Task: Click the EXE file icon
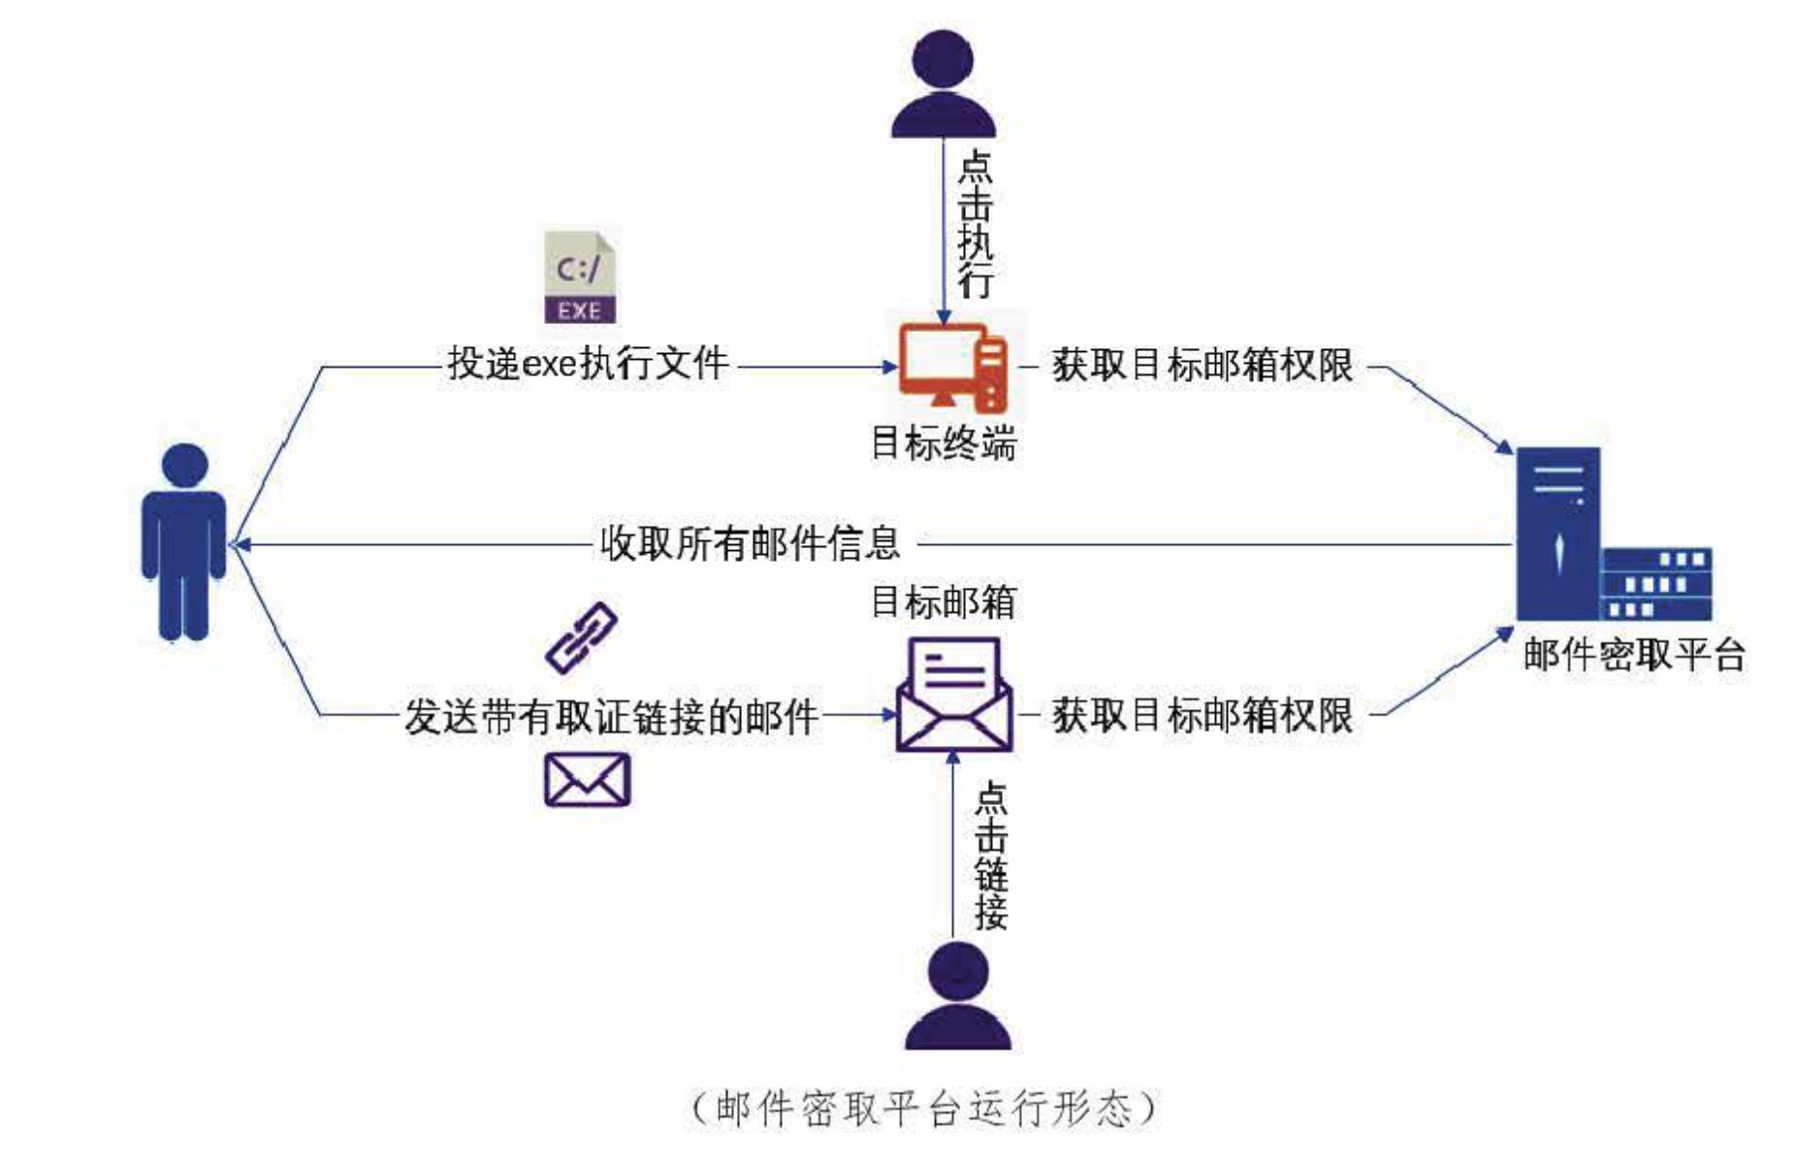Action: (x=580, y=277)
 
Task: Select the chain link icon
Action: (x=581, y=637)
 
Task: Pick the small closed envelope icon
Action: (x=587, y=780)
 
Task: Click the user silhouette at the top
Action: (x=944, y=84)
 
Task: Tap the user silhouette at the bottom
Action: (x=958, y=996)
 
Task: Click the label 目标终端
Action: (x=944, y=443)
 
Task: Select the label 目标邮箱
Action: (x=944, y=602)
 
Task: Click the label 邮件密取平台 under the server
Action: (x=1634, y=655)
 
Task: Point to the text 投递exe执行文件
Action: (x=588, y=365)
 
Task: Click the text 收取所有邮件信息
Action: (x=750, y=542)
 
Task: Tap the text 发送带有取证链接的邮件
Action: (x=611, y=717)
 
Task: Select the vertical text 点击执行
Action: (x=976, y=224)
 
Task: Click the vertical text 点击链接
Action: (x=991, y=856)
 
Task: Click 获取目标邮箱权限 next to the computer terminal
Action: (x=1203, y=366)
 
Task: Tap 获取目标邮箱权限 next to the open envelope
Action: (x=1203, y=716)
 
